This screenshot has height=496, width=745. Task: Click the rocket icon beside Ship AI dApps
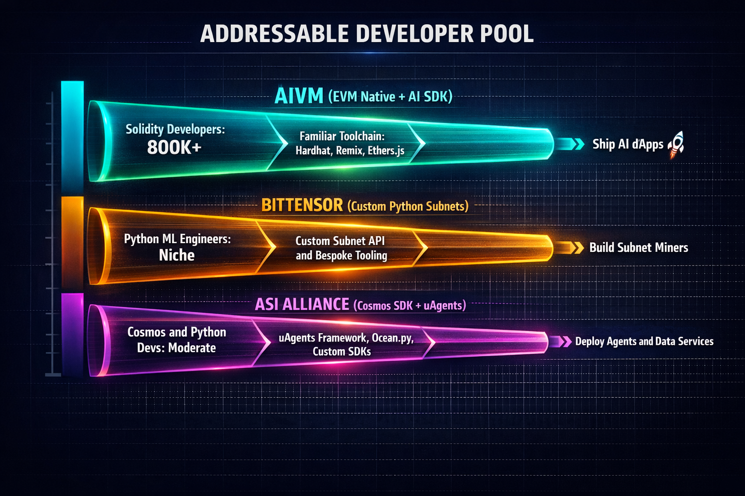pos(677,144)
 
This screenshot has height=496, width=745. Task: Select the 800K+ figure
pos(174,148)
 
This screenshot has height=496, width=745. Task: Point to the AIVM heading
pos(298,96)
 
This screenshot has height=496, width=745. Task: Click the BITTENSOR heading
pos(302,205)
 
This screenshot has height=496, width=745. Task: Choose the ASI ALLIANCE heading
pos(302,304)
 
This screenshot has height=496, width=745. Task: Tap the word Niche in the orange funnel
pos(177,255)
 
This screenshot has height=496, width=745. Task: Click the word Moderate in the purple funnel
pos(192,348)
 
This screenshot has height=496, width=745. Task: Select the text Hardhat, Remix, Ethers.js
pos(350,151)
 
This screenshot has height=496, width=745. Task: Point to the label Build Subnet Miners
pos(638,248)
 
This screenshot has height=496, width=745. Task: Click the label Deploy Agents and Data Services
pos(644,341)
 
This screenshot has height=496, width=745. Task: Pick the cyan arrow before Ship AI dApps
pos(571,144)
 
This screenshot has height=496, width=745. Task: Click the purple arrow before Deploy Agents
pos(561,341)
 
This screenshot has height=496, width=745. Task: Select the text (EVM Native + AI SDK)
pos(390,97)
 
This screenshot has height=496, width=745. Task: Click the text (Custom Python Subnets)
pos(408,206)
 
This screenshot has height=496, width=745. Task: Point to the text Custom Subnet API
pos(340,241)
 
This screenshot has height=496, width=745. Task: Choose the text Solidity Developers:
pos(175,129)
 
